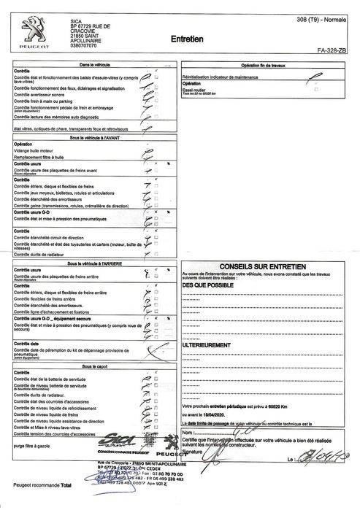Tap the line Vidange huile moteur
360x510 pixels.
(37, 149)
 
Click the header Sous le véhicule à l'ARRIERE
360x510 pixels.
(94, 263)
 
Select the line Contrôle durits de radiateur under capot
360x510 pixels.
(45, 394)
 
